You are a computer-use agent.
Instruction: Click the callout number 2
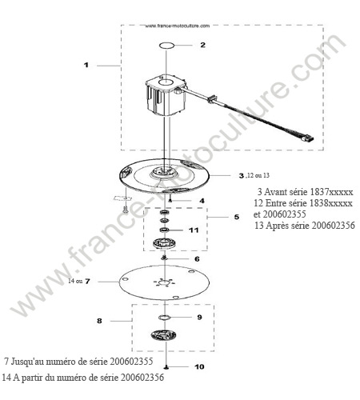pos(203,45)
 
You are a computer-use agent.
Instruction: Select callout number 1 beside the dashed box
pos(86,65)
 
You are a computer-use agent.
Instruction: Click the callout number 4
pos(202,201)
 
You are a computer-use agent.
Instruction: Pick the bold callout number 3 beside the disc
pos(242,176)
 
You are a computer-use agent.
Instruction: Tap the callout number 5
pos(237,217)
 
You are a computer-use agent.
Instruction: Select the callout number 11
pos(194,230)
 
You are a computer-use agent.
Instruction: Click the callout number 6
pos(197,259)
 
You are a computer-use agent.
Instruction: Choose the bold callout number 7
pos(87,281)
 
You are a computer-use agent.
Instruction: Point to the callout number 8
pos(99,321)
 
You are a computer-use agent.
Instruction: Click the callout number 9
pos(199,317)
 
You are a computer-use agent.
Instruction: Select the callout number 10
pos(199,366)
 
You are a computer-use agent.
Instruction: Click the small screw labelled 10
pos(166,367)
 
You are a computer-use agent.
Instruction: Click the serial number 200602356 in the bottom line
pos(142,378)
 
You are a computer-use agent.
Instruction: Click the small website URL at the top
pos(178,26)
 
